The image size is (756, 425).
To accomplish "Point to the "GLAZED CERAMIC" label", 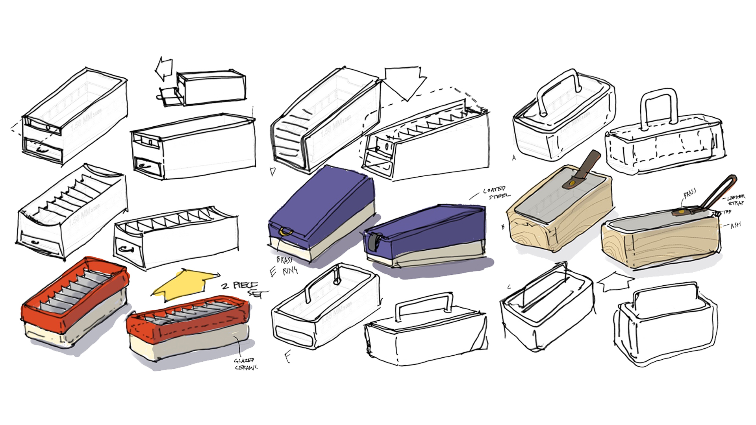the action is [246, 364].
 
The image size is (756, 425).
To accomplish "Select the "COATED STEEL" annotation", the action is [497, 193].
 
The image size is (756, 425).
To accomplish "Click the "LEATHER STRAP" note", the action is [736, 200].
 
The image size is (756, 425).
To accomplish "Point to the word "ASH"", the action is [735, 225].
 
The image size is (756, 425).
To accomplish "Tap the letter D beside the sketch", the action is [272, 171].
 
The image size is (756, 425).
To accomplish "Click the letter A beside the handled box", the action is [514, 158].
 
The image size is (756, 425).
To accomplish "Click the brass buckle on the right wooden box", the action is [684, 213].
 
